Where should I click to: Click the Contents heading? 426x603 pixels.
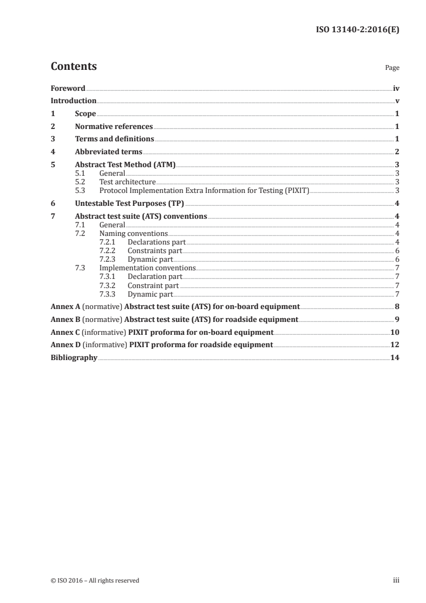pyautogui.click(x=74, y=67)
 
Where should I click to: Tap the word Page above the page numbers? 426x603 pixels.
pyautogui.click(x=392, y=68)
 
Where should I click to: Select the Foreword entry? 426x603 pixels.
pyautogui.click(x=68, y=88)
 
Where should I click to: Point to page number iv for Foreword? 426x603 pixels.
pyautogui.click(x=396, y=88)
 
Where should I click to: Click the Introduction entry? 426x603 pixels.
pyautogui.click(x=74, y=101)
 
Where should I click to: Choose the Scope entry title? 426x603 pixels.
pyautogui.click(x=85, y=114)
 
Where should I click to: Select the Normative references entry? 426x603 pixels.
pyautogui.click(x=114, y=127)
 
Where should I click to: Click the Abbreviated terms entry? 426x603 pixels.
pyautogui.click(x=109, y=152)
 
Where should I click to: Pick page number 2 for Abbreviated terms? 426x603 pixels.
pyautogui.click(x=396, y=152)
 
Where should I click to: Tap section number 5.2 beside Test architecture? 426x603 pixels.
pyautogui.click(x=80, y=182)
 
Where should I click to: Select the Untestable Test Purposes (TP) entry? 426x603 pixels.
pyautogui.click(x=129, y=203)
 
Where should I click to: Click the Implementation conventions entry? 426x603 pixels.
pyautogui.click(x=147, y=268)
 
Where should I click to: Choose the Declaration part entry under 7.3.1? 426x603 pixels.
pyautogui.click(x=154, y=276)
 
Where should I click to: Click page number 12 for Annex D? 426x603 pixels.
pyautogui.click(x=394, y=344)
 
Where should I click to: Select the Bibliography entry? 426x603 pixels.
pyautogui.click(x=74, y=357)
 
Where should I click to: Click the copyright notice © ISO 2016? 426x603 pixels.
pyautogui.click(x=95, y=580)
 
